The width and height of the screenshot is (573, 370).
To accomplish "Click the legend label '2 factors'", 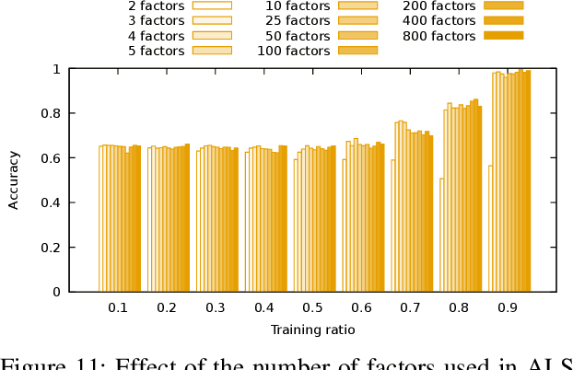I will [157, 5].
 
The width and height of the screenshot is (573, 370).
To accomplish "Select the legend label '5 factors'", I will [157, 50].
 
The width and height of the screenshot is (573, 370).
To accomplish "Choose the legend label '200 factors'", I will [439, 5].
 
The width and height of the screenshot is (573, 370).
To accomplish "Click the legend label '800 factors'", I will [439, 35].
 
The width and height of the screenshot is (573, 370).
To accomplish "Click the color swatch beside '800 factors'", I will [503, 35].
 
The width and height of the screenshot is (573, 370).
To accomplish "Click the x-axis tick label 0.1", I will [118, 307].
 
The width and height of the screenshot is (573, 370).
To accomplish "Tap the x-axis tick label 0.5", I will [312, 307].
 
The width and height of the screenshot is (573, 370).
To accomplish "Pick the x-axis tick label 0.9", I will [508, 307].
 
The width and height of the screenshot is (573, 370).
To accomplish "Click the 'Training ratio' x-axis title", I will [312, 330].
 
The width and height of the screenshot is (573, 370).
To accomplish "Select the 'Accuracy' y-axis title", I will [14, 180].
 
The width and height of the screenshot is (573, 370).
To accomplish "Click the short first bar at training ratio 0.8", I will [442, 235].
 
